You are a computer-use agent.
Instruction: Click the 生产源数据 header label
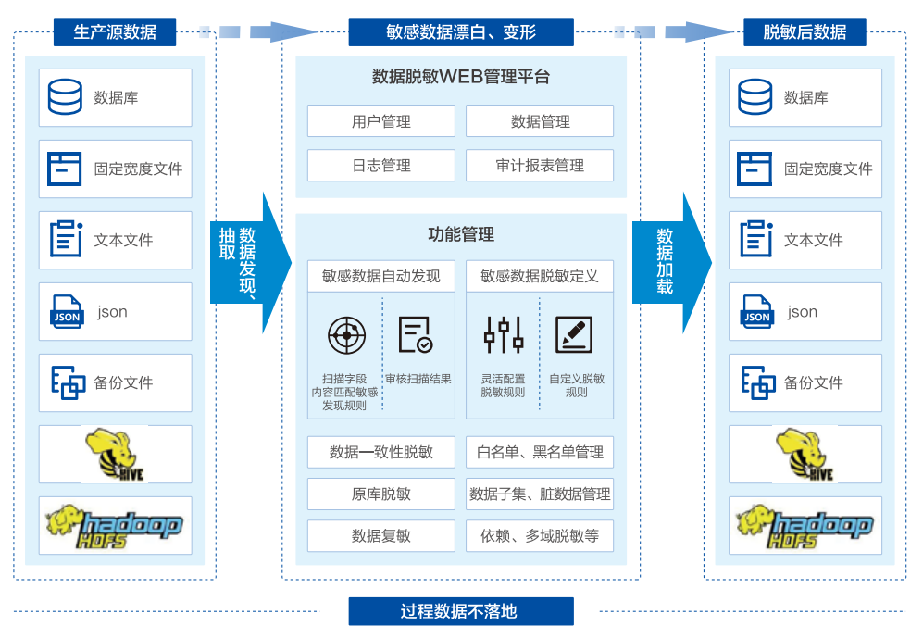coord(115,32)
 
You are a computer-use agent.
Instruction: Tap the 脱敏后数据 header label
coord(805,32)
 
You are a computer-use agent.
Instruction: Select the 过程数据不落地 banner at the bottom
coord(460,611)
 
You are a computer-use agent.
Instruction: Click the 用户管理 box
coord(380,121)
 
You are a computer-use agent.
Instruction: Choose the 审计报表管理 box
coord(539,166)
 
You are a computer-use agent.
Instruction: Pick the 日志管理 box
coord(380,166)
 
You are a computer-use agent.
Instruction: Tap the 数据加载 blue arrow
coord(669,263)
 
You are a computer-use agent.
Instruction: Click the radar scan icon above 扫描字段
coord(346,334)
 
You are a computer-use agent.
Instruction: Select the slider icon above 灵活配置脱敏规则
coord(504,334)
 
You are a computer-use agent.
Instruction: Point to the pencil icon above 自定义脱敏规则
coord(574,334)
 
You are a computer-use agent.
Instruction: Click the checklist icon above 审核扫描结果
coord(415,334)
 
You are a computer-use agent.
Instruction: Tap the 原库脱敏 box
coord(380,494)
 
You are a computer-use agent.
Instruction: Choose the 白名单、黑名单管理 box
coord(539,452)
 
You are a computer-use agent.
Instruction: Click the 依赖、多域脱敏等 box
coord(539,535)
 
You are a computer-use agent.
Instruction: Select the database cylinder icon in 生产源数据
coord(65,96)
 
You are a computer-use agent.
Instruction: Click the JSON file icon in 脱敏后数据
coord(756,312)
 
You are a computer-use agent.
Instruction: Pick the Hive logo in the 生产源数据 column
coord(115,454)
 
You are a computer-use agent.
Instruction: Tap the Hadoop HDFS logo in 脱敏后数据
coord(805,526)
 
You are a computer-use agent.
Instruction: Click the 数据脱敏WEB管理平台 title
coord(460,77)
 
